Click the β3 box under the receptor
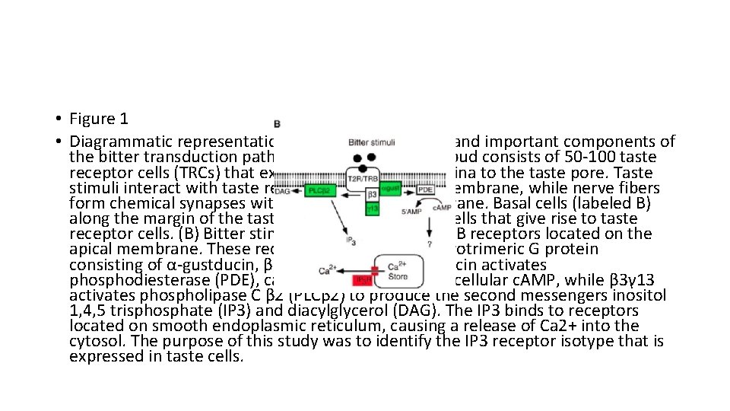pos(373,195)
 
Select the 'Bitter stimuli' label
pos(370,142)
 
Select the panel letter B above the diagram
pos(278,123)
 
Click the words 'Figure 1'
pos(98,119)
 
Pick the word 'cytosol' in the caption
pos(93,341)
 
